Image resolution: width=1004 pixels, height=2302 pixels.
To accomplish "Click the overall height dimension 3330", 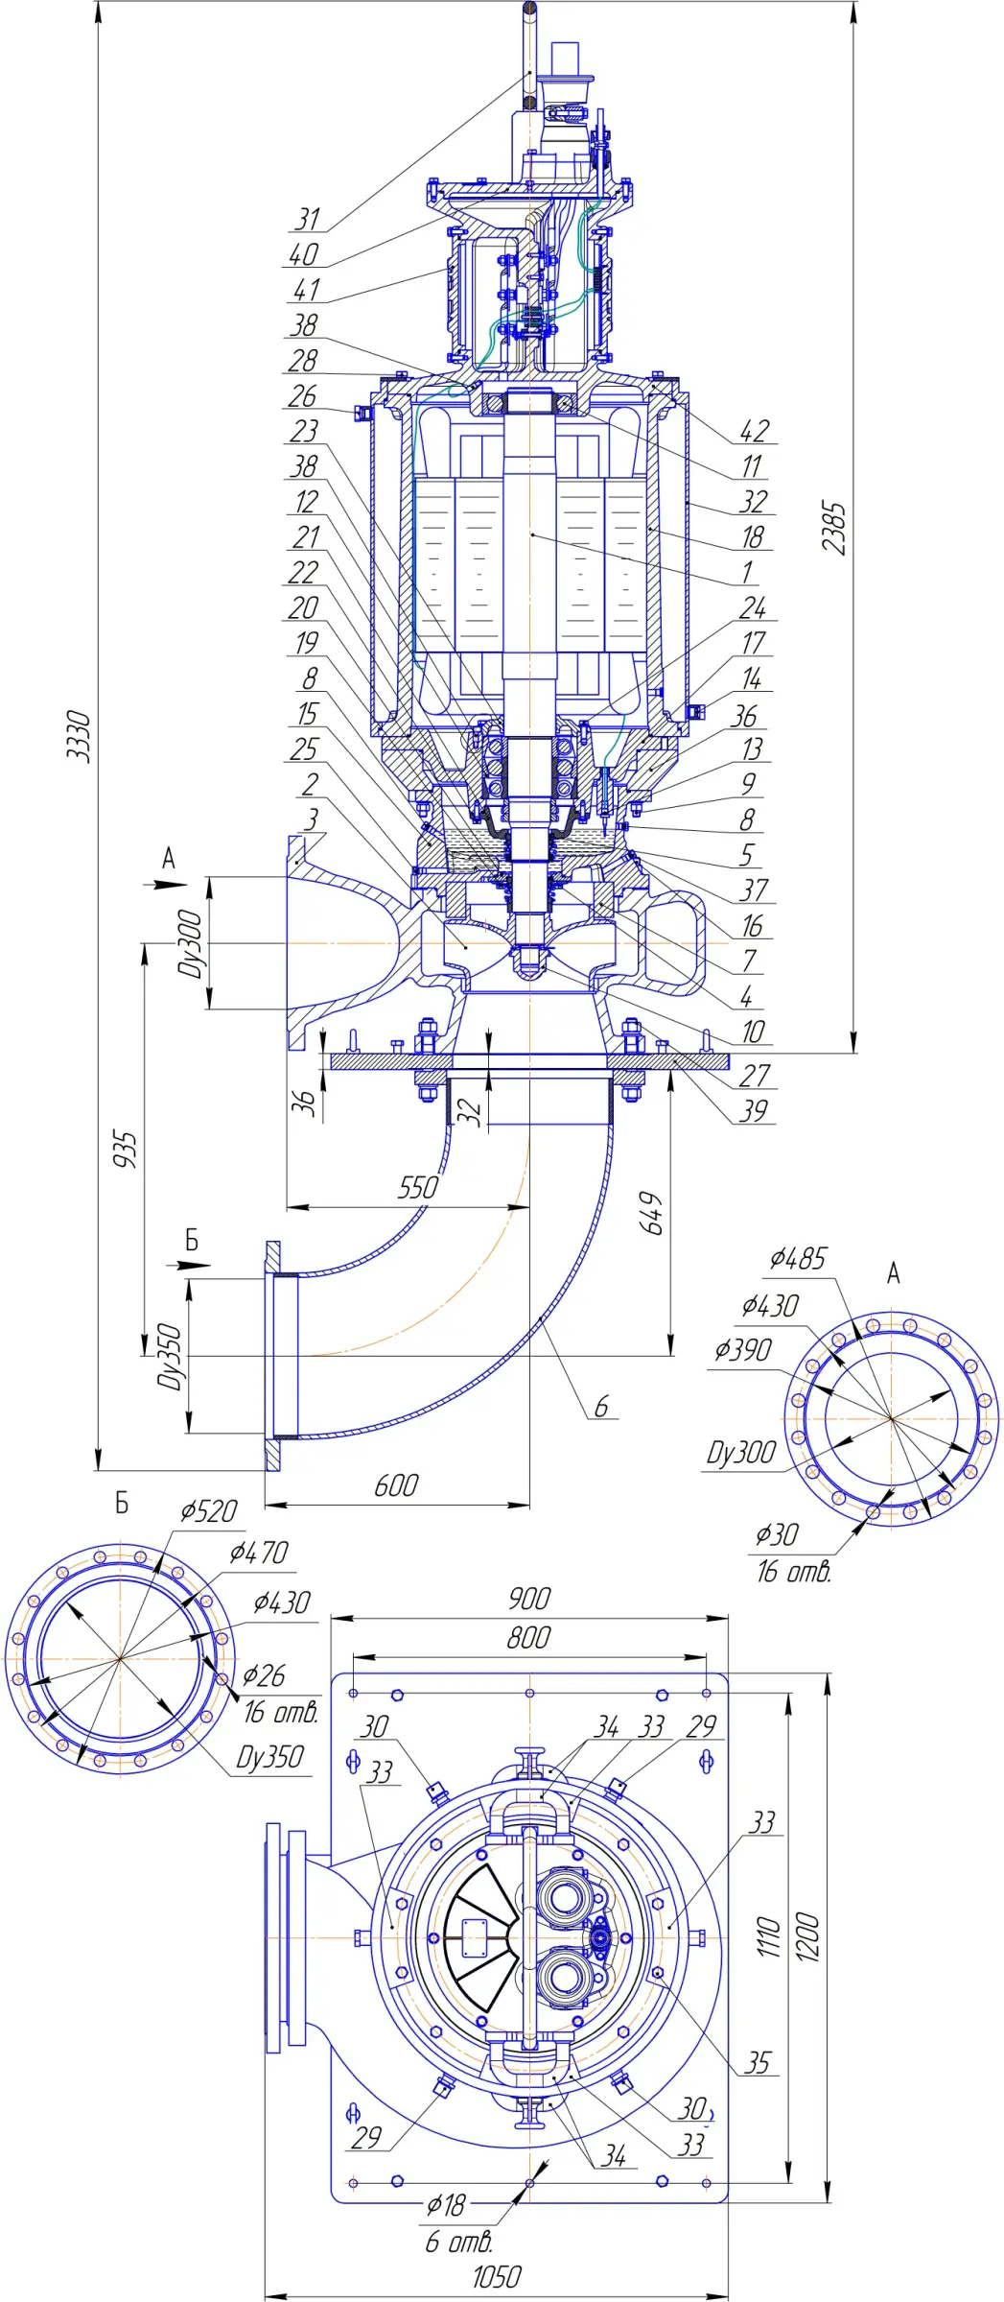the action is pos(80,737).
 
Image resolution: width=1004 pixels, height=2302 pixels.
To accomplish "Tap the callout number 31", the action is pos(306,220).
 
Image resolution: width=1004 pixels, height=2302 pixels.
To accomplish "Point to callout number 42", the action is pos(754,431).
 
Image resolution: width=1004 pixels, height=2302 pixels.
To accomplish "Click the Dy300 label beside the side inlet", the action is pos(192,944).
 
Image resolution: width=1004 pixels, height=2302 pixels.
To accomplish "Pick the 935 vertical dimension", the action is pos(126,1150).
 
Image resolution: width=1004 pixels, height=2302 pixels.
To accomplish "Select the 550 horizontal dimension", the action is pos(418,1188).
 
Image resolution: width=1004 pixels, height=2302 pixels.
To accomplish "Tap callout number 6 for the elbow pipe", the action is pos(601,1407).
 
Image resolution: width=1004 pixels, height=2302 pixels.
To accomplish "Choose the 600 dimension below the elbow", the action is pos(396,1485).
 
